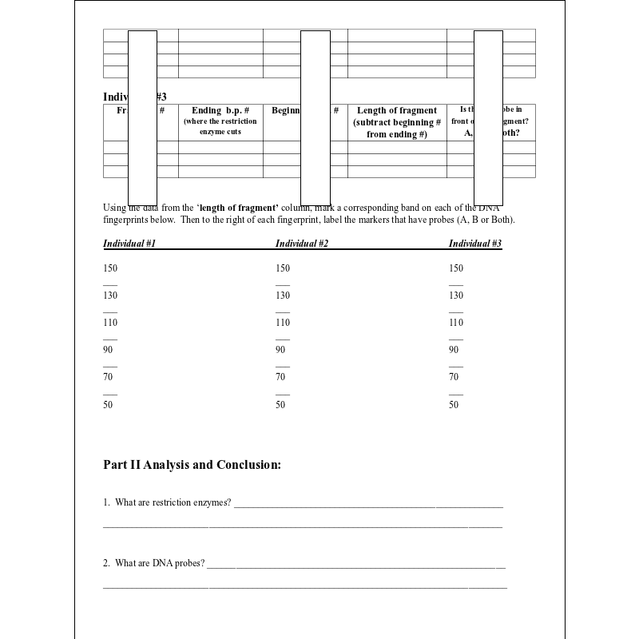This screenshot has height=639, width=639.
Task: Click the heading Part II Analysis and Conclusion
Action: click(x=192, y=465)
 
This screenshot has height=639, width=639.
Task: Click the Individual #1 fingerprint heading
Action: click(x=129, y=244)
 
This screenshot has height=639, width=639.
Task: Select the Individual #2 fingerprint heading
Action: click(x=302, y=244)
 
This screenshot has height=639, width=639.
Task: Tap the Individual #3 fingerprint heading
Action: click(x=475, y=244)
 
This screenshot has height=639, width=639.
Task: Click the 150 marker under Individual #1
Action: click(x=110, y=268)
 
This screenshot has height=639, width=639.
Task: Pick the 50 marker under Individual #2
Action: click(x=280, y=405)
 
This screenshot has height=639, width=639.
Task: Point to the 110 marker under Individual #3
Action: click(x=456, y=323)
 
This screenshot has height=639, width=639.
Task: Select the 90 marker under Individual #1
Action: click(x=108, y=350)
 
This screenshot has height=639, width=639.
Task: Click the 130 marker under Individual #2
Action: click(x=283, y=296)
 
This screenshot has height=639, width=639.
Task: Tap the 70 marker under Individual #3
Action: click(x=454, y=377)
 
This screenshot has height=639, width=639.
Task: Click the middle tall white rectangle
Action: click(x=316, y=118)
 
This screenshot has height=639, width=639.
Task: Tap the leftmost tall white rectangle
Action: click(x=142, y=118)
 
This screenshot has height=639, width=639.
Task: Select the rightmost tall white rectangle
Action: click(x=488, y=118)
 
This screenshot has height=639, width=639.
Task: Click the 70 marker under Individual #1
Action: click(x=108, y=377)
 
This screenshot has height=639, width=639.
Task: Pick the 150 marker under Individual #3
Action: click(x=456, y=268)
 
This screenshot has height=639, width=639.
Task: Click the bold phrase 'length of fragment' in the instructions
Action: click(x=239, y=208)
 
